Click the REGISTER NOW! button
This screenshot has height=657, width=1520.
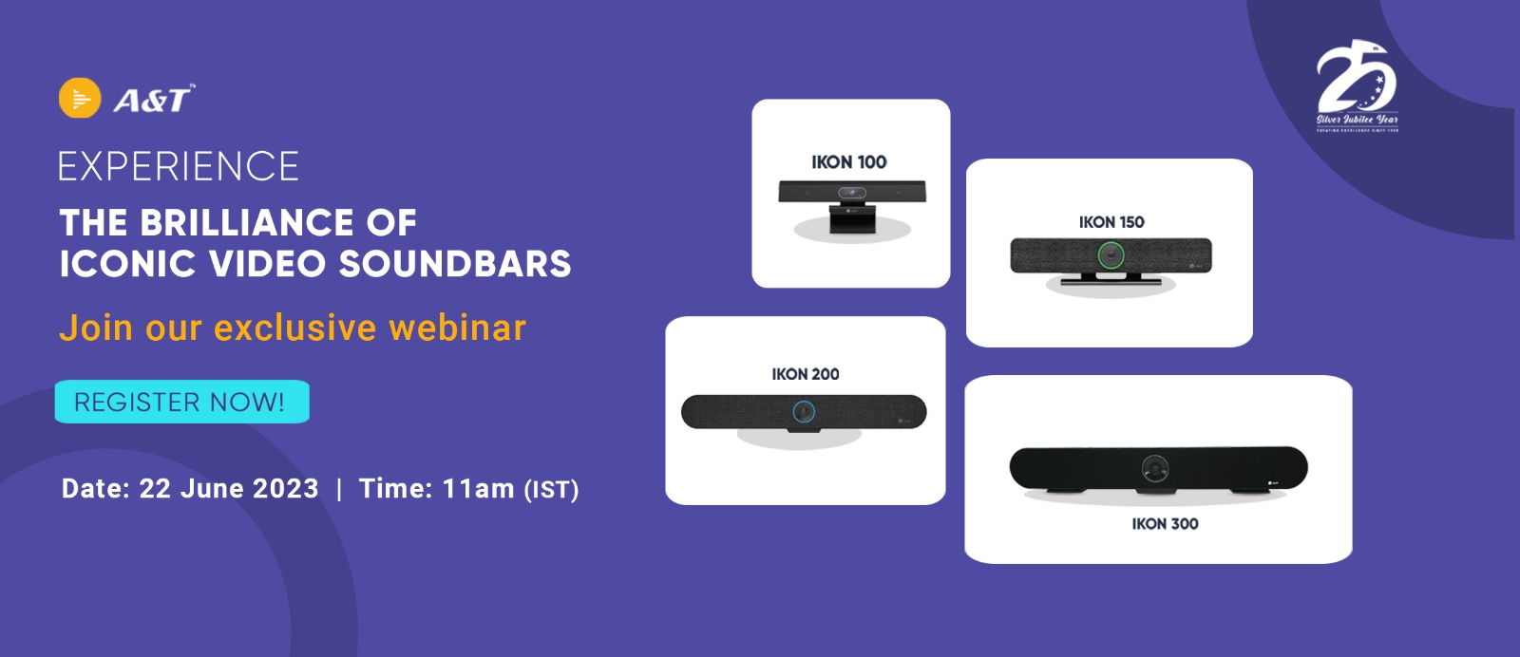181,402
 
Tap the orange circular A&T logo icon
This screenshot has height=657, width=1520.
80,98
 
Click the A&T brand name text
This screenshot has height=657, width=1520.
153,100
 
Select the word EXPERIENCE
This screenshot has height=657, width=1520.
179,167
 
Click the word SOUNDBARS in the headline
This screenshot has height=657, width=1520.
455,264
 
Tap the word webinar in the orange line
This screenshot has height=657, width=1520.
457,328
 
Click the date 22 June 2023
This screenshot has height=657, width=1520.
229,488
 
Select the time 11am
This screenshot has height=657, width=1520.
478,488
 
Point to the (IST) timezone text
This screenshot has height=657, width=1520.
551,490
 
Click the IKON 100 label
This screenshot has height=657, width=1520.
848,162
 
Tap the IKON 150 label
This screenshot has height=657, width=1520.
1111,222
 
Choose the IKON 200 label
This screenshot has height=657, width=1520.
806,374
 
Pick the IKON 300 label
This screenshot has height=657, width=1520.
1165,524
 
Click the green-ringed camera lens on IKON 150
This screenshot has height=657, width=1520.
1111,255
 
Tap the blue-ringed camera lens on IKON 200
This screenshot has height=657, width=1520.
804,412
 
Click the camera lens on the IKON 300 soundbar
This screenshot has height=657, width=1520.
1155,468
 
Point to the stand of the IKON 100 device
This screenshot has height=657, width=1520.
851,221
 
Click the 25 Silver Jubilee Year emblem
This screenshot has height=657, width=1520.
1358,86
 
